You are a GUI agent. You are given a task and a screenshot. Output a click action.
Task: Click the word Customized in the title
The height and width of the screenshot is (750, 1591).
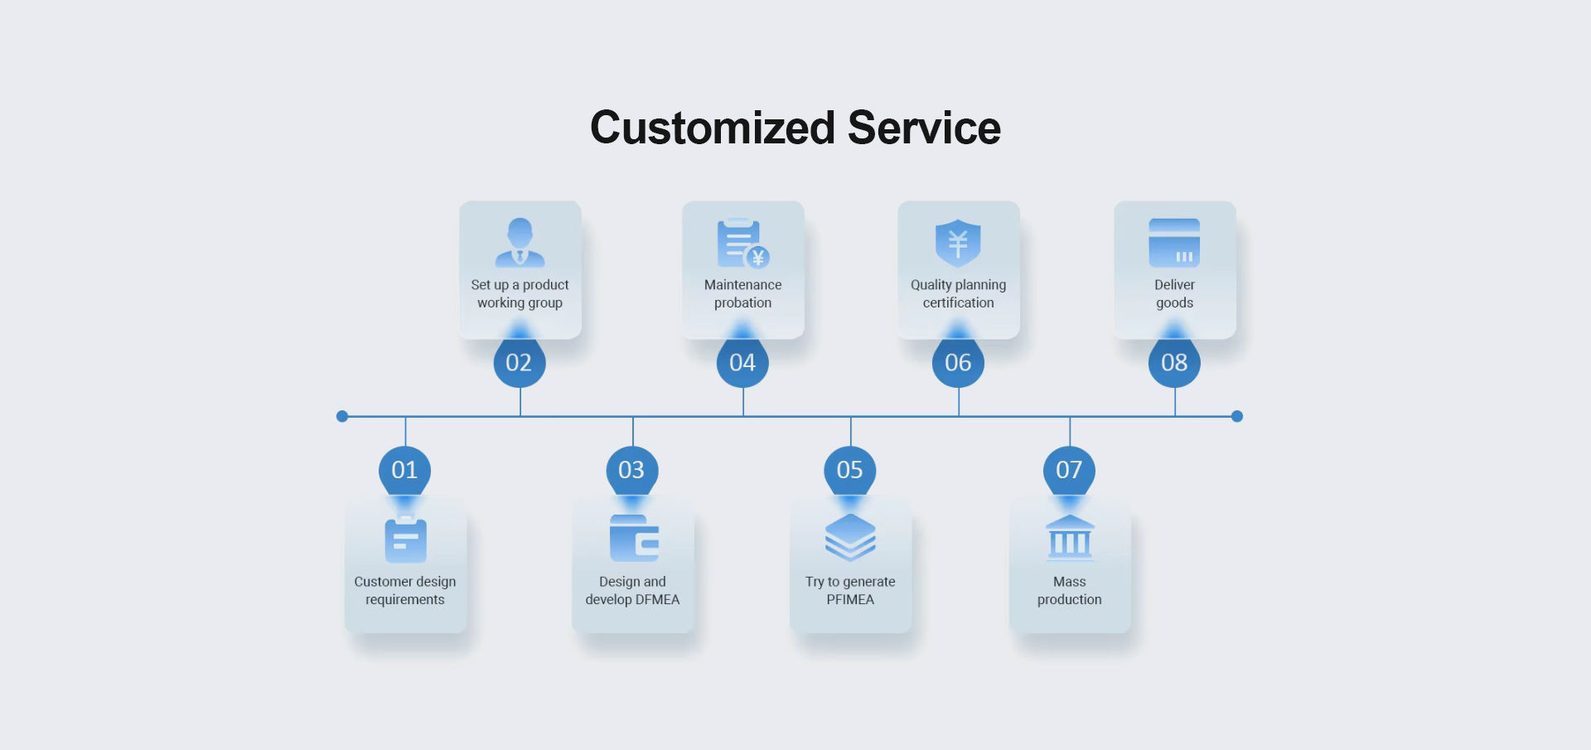coord(712,128)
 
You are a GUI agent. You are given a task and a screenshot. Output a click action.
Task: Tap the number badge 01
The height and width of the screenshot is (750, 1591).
coord(404,470)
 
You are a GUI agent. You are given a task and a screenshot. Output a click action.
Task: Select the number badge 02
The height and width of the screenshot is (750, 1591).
coord(520,362)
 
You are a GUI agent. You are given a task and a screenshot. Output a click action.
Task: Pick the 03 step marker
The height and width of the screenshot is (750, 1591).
coord(632,470)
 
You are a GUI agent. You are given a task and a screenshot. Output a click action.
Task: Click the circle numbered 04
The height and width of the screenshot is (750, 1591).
coord(742,362)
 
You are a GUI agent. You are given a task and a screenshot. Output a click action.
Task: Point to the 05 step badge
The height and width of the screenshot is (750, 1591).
coord(850,470)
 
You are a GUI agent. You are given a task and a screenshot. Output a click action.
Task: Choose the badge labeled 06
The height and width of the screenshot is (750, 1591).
coord(958,362)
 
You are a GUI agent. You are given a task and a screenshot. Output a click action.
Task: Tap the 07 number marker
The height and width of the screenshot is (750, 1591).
coord(1069,470)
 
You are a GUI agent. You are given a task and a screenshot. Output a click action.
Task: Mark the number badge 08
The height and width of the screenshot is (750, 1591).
coord(1174,362)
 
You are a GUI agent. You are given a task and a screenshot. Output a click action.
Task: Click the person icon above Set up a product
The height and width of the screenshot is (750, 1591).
coord(520,242)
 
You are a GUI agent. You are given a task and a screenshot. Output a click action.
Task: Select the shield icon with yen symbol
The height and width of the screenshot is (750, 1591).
coord(958,243)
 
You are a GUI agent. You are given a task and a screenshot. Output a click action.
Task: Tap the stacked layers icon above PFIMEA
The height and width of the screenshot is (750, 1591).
coord(850,537)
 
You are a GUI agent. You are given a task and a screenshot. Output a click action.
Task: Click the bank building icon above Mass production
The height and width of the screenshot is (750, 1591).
coord(1070,536)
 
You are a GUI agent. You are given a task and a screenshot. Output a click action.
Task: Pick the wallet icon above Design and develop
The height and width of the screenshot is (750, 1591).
coord(634,539)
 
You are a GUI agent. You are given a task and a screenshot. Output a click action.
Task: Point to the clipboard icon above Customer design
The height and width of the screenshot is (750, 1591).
coord(405,540)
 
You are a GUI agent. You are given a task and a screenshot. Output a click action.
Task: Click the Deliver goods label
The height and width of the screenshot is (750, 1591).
coord(1174,293)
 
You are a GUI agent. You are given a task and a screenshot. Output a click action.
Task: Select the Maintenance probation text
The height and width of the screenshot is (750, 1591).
coord(742,293)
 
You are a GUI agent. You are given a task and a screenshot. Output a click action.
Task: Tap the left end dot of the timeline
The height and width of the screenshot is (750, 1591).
coord(342,416)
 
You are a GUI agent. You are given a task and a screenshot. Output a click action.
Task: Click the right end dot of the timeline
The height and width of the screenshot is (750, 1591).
coord(1237,416)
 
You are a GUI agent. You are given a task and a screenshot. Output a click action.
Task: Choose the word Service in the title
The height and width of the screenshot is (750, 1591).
coord(924,128)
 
